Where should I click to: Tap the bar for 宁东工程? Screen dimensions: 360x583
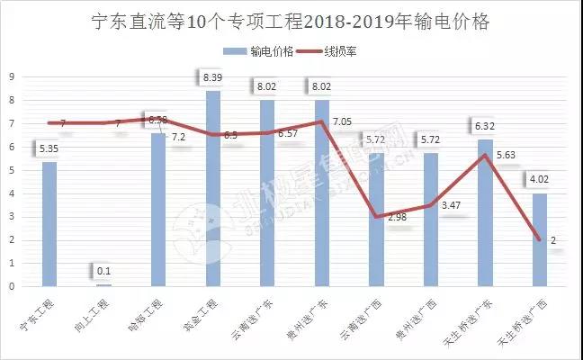pos(49,224)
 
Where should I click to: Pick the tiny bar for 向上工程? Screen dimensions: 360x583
pos(103,284)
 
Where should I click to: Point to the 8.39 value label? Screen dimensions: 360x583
pos(213,78)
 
